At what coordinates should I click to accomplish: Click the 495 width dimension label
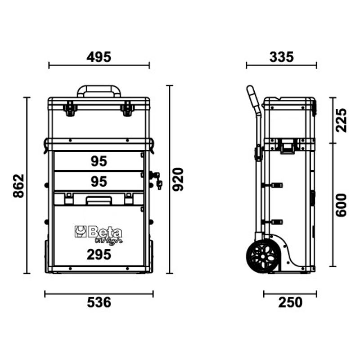(x=99, y=57)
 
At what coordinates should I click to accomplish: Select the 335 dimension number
(x=281, y=57)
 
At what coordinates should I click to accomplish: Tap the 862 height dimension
(x=18, y=185)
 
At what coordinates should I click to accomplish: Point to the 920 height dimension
(x=179, y=180)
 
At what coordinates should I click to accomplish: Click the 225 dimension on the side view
(x=342, y=120)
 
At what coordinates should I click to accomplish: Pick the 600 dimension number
(x=342, y=205)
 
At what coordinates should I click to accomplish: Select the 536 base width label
(x=99, y=302)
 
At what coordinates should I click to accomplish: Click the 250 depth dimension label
(x=290, y=302)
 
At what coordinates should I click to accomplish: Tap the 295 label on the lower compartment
(x=99, y=255)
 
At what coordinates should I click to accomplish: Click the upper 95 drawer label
(x=99, y=161)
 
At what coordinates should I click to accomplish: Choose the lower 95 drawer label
(x=99, y=181)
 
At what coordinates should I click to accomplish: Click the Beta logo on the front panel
(x=98, y=233)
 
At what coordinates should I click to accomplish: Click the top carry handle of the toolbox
(x=99, y=90)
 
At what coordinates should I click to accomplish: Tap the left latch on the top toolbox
(x=70, y=108)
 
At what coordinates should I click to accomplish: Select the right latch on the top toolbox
(x=128, y=108)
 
